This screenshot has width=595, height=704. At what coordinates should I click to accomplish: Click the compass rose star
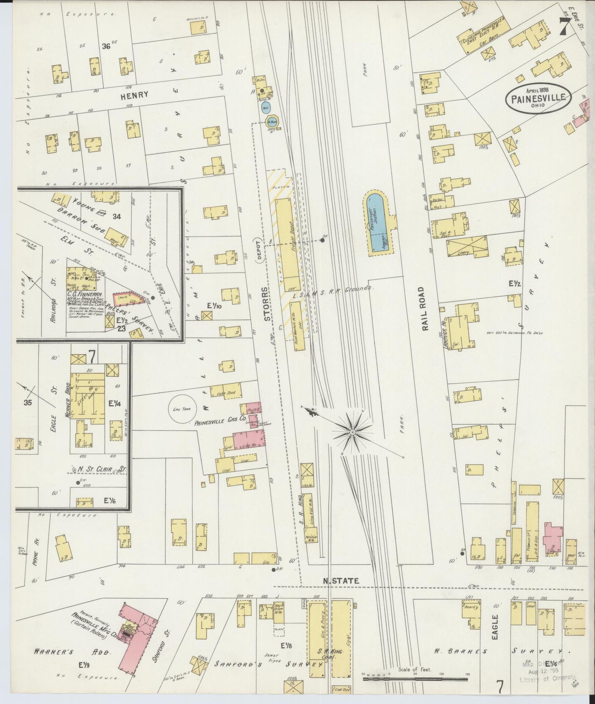(x=353, y=431)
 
